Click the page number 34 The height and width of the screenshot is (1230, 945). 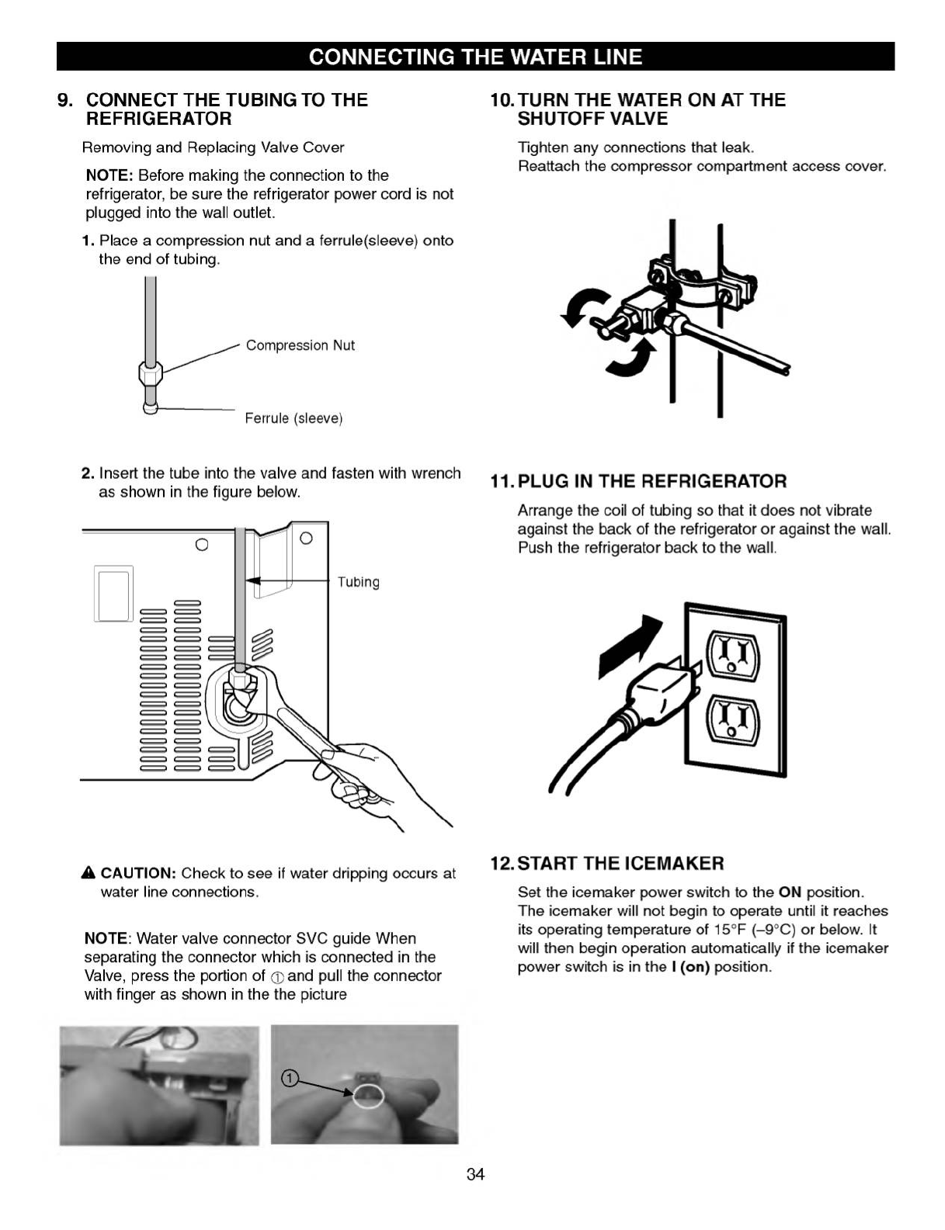[475, 1174]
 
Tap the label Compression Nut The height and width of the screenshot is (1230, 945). [300, 345]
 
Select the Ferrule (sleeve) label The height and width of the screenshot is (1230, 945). [294, 418]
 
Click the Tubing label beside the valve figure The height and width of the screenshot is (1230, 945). [358, 582]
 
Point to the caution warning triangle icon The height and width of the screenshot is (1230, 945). [89, 874]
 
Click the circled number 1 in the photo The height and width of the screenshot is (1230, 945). [289, 1079]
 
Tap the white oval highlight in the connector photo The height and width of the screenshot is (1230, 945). [368, 1096]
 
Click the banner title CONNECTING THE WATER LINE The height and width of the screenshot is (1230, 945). [475, 57]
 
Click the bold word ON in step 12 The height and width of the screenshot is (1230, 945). [790, 892]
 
